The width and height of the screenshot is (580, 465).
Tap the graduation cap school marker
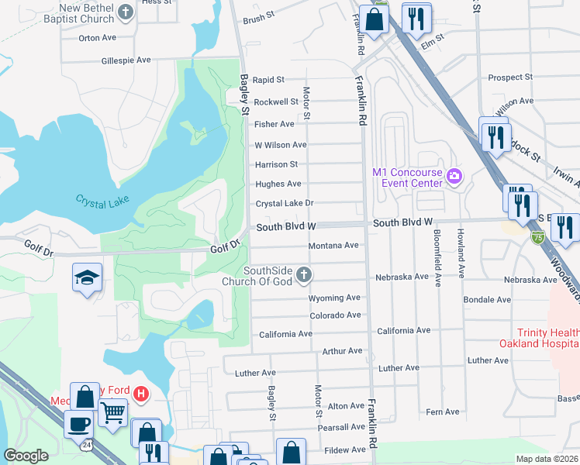click(x=87, y=278)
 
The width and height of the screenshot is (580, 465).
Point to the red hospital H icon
click(x=140, y=394)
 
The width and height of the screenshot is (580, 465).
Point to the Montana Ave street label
click(x=333, y=246)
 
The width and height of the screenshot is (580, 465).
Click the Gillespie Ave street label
click(x=126, y=60)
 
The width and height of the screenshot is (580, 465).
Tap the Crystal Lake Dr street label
click(x=284, y=203)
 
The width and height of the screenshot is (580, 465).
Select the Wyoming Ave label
click(x=334, y=298)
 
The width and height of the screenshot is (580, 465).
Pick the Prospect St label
click(x=509, y=77)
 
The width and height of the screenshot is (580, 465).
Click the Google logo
click(x=26, y=456)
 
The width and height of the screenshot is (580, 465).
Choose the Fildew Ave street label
click(x=344, y=449)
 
